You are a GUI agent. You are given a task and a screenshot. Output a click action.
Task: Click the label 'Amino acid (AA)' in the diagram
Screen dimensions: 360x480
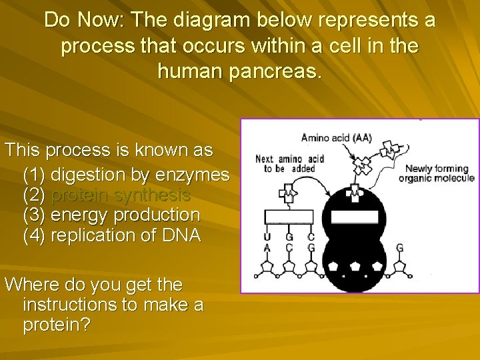pos(337,139)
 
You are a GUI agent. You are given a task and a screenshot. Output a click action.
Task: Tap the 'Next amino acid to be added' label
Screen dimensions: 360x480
pos(290,164)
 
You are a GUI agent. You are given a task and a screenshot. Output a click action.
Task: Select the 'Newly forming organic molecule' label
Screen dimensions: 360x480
pos(436,173)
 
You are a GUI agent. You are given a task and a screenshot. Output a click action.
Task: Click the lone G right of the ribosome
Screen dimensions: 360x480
pos(400,248)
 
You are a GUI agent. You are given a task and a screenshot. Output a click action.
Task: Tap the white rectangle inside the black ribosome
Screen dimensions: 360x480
pos(355,217)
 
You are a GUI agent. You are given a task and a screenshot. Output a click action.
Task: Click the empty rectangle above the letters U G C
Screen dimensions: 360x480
pos(289,216)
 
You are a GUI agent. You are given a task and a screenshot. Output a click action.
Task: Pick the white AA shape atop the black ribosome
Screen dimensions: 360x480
pos(355,195)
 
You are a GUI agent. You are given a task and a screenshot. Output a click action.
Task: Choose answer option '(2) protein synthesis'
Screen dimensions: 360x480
pos(107,195)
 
